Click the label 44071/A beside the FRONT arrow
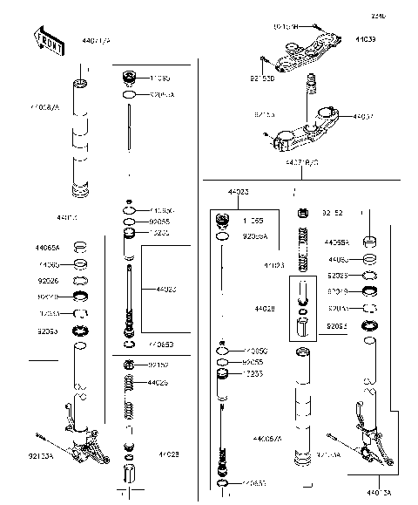pos(96,41)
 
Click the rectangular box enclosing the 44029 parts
pos(301,312)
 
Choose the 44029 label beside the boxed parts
pos(266,309)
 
